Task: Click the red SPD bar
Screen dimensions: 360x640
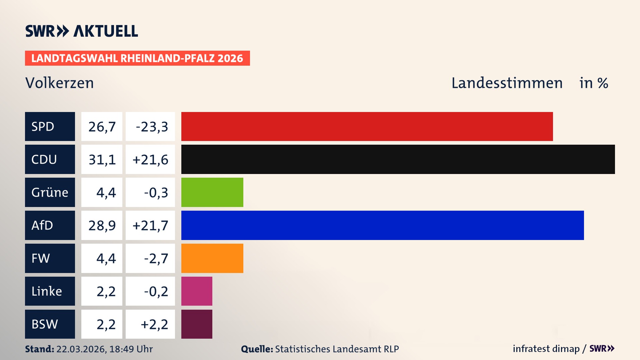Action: (367, 126)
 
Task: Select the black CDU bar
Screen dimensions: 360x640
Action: (398, 159)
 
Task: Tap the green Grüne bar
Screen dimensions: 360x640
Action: (212, 192)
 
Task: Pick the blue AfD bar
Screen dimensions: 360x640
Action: (382, 225)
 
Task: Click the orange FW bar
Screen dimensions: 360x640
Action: (212, 258)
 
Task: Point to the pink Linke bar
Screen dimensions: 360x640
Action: (197, 291)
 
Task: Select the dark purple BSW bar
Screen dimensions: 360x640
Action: (197, 324)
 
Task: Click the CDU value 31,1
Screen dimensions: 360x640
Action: (102, 159)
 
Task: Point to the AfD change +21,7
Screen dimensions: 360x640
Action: (150, 225)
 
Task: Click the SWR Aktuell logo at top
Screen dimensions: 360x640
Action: (81, 31)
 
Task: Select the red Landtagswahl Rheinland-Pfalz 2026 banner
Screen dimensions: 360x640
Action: (137, 58)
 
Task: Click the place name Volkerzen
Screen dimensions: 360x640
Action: (59, 83)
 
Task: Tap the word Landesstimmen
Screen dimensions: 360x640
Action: (507, 83)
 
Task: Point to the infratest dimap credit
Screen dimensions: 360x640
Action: (546, 349)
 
